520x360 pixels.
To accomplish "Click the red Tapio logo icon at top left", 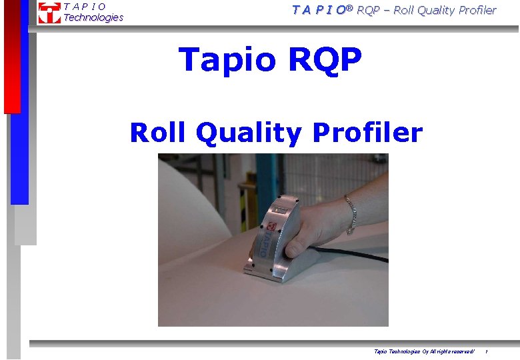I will coord(49,13).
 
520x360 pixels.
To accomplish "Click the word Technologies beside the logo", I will coord(93,18).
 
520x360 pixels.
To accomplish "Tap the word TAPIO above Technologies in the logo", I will coord(85,7).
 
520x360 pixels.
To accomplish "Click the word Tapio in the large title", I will coord(227,59).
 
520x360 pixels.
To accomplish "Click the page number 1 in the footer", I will coord(486,351).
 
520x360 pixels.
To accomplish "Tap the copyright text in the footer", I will coord(424,351).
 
